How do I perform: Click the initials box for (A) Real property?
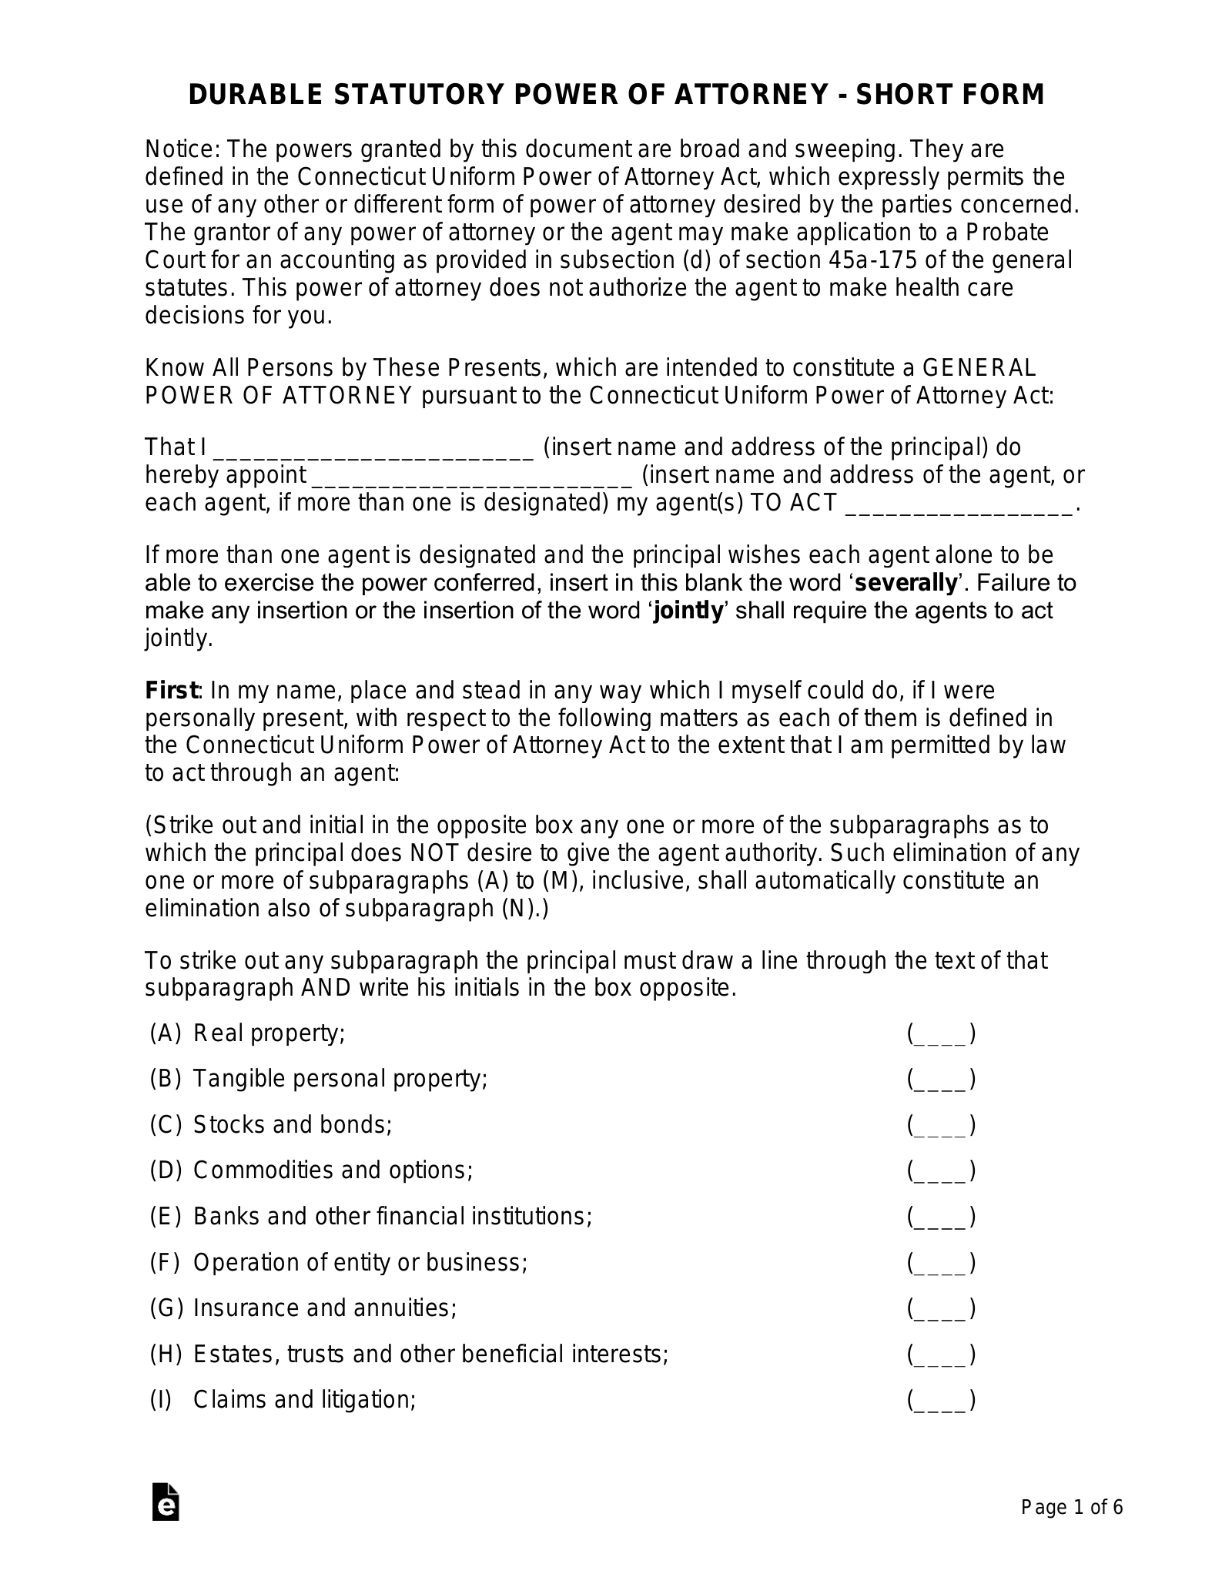pos(941,1033)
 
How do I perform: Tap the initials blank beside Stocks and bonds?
pos(941,1125)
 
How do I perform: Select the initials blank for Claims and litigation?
pos(941,1399)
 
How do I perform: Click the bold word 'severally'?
pos(906,583)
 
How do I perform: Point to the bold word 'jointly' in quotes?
pos(688,611)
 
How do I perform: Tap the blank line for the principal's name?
pos(373,449)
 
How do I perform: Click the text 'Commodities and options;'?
pos(333,1170)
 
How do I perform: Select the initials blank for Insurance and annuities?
pos(941,1308)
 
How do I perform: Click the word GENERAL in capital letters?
pos(979,367)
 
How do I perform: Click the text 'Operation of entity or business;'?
pos(360,1262)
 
